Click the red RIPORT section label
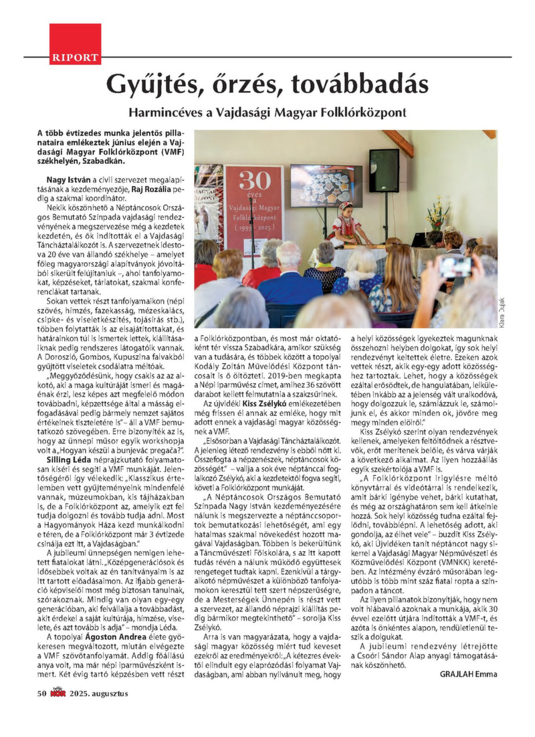[x=74, y=58]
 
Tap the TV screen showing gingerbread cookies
[x=326, y=185]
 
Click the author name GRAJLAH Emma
[x=468, y=674]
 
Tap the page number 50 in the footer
[x=41, y=694]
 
